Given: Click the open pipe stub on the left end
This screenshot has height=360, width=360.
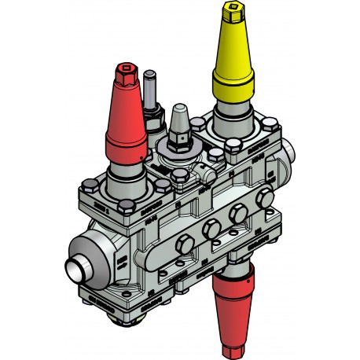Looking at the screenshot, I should coord(75,269).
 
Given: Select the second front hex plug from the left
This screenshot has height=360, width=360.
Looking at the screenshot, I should coord(211,230).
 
